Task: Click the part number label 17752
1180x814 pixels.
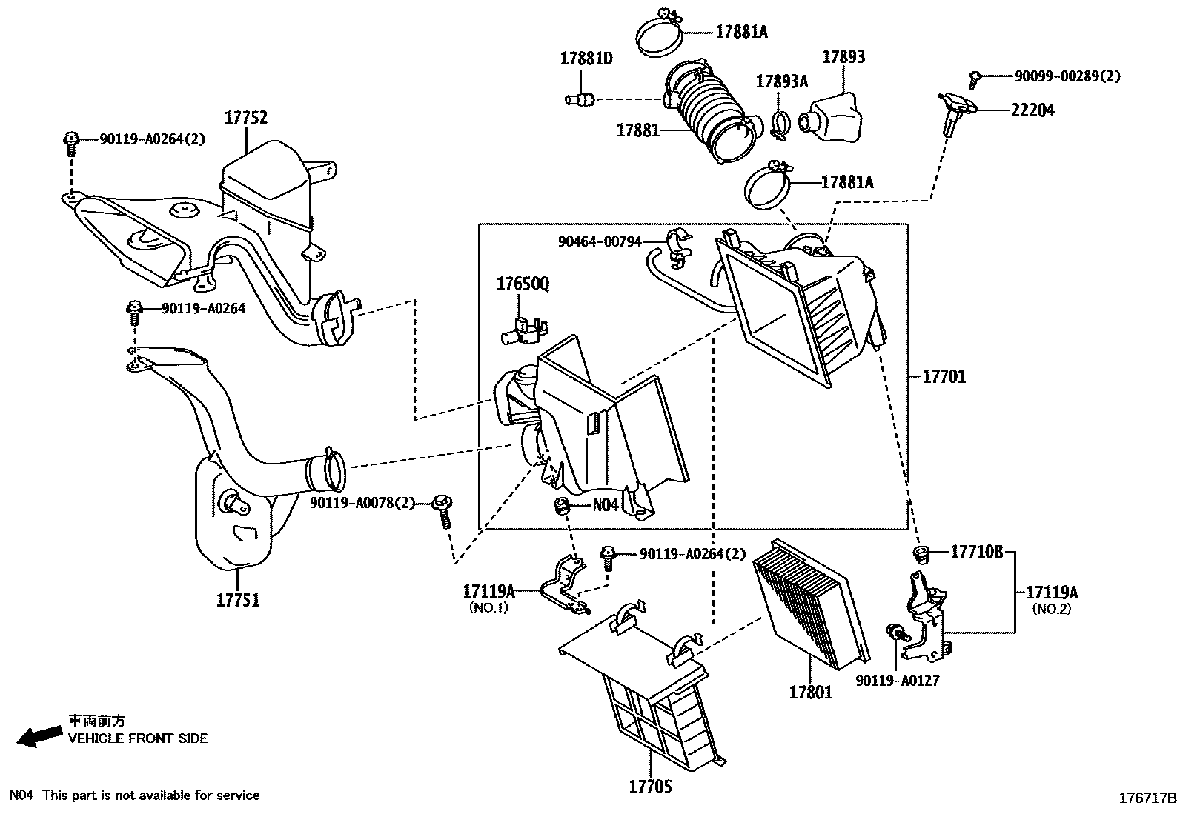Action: click(x=246, y=117)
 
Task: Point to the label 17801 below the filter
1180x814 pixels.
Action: click(x=810, y=693)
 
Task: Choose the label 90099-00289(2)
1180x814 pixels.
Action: click(x=1067, y=76)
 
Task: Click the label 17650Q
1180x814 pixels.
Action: click(x=523, y=284)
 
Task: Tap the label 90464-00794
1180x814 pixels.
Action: click(x=600, y=241)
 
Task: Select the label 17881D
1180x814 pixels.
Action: click(x=586, y=59)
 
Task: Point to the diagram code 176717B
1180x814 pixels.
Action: click(x=1147, y=798)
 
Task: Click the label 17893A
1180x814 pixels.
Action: click(x=781, y=81)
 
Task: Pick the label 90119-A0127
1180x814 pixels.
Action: click(x=897, y=680)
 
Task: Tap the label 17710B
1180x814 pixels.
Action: click(x=976, y=552)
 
